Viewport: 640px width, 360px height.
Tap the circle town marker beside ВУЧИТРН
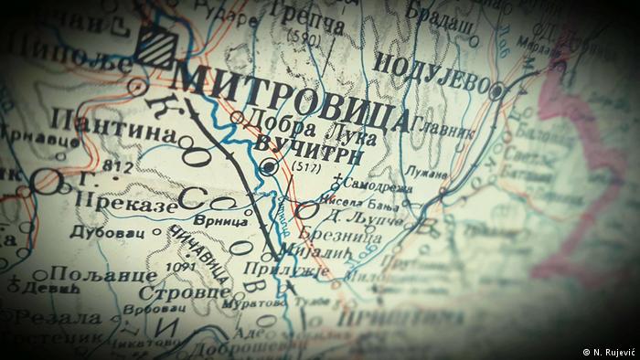click(x=267, y=167)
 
